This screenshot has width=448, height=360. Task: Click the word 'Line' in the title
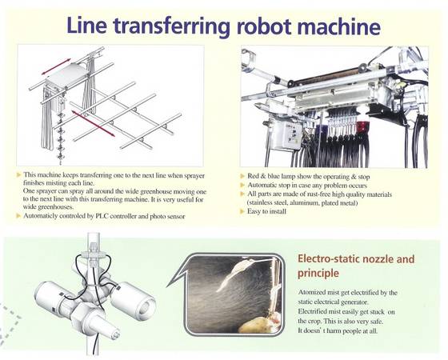point(87,25)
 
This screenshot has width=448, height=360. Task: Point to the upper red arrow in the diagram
point(56,66)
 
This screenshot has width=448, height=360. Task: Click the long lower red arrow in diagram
point(93,124)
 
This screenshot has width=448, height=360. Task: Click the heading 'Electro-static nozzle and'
point(356,259)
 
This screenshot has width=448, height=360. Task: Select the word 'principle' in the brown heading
point(318,273)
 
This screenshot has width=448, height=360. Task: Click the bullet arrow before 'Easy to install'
point(242,211)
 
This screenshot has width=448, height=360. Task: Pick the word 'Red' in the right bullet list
point(253,176)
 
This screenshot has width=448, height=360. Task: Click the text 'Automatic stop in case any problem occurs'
point(307,186)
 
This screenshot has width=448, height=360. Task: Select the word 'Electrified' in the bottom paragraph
point(312,311)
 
